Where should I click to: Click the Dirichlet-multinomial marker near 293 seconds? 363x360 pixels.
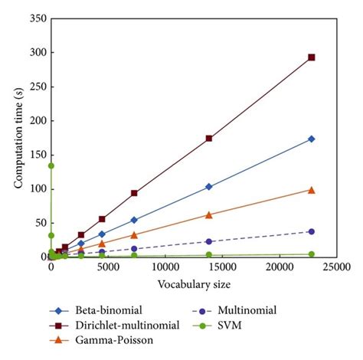tap(311, 57)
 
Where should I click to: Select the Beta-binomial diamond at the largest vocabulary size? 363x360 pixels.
tap(311, 139)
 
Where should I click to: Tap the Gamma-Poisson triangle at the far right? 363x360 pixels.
tap(311, 189)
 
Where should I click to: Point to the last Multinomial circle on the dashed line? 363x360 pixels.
tap(311, 231)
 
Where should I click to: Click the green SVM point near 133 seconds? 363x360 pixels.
tap(51, 165)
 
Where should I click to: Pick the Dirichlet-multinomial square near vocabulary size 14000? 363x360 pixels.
tap(209, 139)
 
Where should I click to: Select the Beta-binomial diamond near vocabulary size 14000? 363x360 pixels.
tap(209, 186)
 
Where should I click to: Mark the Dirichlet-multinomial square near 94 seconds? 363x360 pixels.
tap(134, 193)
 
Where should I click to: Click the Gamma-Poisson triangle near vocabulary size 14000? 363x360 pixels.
tap(209, 214)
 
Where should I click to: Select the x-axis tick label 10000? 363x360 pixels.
tap(165, 267)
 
